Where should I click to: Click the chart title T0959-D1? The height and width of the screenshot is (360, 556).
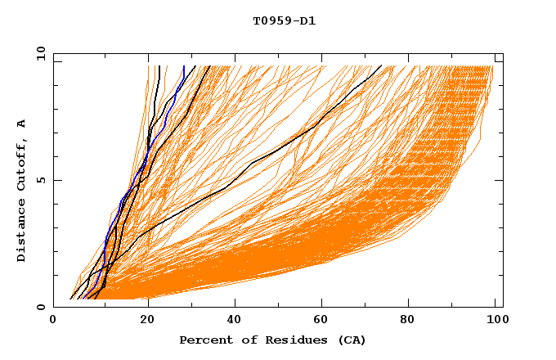[x=285, y=21]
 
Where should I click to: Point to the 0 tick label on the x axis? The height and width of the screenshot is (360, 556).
[x=53, y=322]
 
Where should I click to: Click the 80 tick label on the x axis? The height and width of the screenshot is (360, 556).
[x=413, y=322]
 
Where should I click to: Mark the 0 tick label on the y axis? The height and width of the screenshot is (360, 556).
[x=40, y=308]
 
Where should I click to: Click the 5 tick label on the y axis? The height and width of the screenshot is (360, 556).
[x=40, y=180]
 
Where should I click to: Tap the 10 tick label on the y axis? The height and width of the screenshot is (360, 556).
[x=38, y=53]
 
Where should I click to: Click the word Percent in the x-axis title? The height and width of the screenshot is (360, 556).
[x=204, y=340]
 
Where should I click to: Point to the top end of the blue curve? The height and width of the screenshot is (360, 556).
[x=184, y=66]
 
